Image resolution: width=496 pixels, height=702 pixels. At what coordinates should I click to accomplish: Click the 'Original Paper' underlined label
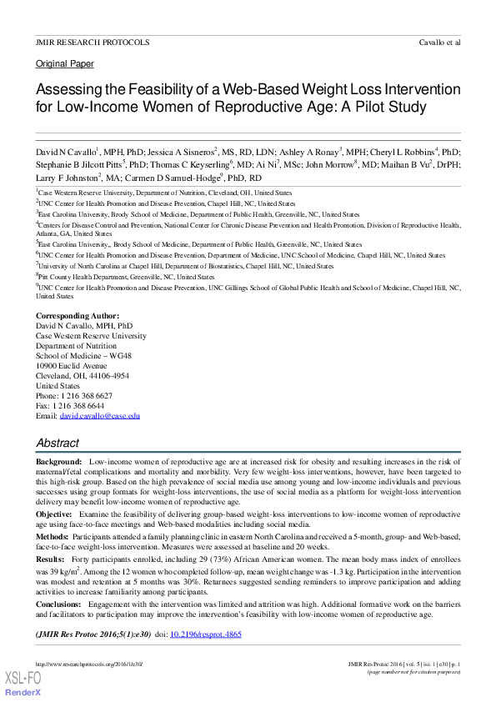tap(64, 63)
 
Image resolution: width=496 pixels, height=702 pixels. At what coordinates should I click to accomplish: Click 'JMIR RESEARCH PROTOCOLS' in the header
tap(93, 42)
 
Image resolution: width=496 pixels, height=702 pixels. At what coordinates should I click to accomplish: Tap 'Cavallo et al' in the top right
tap(439, 42)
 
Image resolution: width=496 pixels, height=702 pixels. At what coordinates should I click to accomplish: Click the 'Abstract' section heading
tap(58, 444)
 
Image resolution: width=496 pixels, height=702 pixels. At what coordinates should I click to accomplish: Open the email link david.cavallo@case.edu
tap(99, 415)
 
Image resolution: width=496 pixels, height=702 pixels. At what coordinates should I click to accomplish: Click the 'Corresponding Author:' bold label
tap(78, 316)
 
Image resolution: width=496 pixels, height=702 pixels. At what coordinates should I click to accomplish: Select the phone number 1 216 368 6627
tap(87, 395)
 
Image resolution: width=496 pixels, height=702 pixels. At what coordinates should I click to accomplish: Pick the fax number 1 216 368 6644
tap(82, 405)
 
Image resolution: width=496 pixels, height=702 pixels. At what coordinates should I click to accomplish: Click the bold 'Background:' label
tap(58, 461)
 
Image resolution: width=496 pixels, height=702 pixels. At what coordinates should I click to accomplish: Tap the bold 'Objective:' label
tap(54, 515)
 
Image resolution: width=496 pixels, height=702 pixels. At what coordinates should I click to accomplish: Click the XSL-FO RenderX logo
tap(23, 683)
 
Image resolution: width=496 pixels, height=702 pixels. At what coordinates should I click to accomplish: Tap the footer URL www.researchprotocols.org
tap(89, 664)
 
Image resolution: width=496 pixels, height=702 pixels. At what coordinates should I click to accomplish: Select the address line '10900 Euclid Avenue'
tap(71, 365)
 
